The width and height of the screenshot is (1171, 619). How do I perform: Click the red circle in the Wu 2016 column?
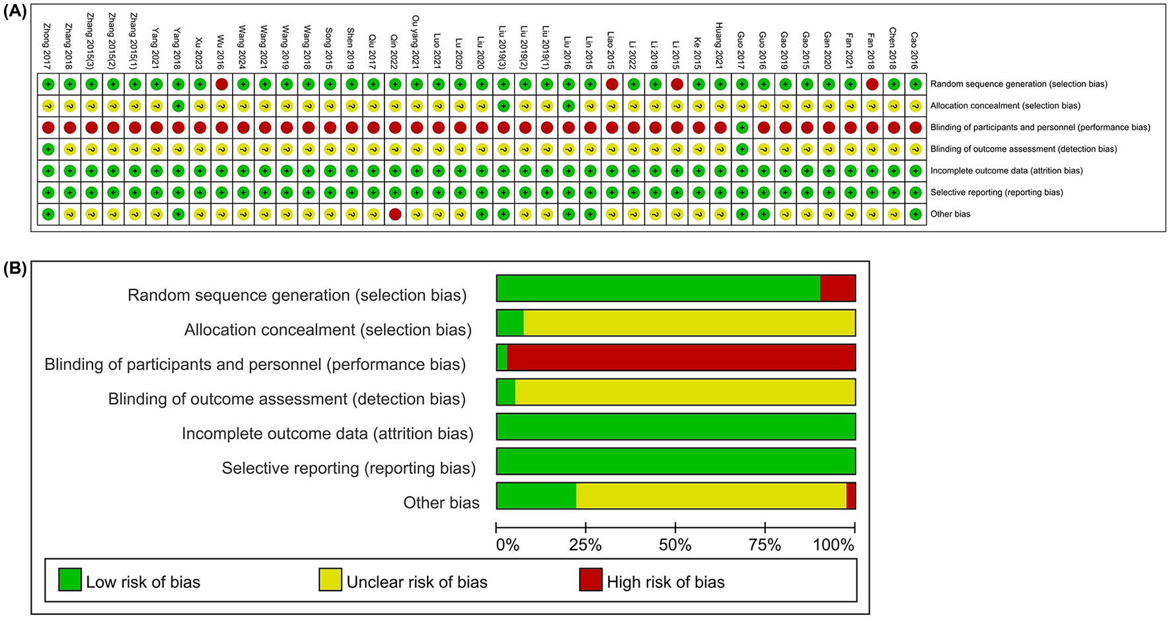(221, 84)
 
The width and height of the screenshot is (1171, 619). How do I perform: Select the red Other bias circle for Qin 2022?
(395, 214)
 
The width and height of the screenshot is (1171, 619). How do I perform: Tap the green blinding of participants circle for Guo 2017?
(742, 127)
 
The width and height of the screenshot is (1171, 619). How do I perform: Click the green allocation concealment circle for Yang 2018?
(178, 106)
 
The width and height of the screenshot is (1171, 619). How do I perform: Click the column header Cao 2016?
(915, 50)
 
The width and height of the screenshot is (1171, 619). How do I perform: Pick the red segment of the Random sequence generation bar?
(837, 289)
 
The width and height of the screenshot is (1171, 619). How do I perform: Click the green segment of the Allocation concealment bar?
(510, 323)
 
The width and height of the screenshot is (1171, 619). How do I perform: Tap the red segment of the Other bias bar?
(851, 496)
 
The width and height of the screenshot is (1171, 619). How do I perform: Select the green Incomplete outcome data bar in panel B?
(675, 427)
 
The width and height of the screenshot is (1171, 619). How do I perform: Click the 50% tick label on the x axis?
(675, 546)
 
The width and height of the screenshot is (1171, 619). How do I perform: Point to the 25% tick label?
(585, 546)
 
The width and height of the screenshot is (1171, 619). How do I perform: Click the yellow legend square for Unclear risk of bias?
(330, 579)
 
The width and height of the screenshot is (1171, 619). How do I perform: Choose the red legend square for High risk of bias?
(591, 579)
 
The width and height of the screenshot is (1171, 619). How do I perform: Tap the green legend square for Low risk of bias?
(70, 579)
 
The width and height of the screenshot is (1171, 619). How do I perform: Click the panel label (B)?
(15, 269)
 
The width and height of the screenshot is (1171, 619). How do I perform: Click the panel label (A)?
(15, 12)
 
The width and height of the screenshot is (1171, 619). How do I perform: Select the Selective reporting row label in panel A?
(997, 192)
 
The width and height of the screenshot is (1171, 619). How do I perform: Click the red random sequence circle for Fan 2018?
(872, 84)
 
